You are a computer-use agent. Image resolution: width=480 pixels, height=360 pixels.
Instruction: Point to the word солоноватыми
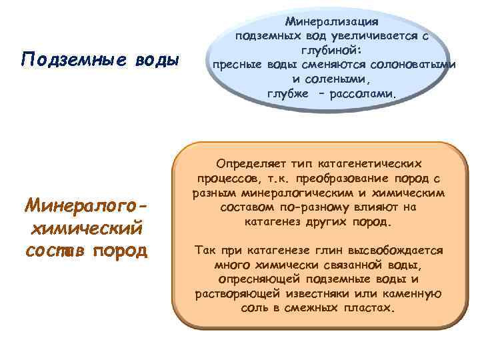point(419,65)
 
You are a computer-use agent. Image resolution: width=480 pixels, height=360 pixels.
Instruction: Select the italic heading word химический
point(85,229)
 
